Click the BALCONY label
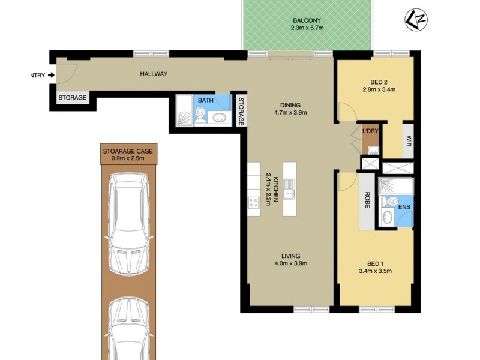point(307,19)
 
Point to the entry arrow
point(50,75)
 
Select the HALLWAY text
point(153,74)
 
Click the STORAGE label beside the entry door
point(72,98)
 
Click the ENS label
point(404,207)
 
